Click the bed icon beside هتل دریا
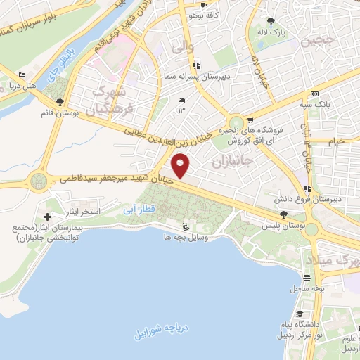22,75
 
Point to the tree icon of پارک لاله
271,21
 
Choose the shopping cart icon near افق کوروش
250,120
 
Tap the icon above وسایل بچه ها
184,226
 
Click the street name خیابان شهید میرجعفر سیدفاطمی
115,180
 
